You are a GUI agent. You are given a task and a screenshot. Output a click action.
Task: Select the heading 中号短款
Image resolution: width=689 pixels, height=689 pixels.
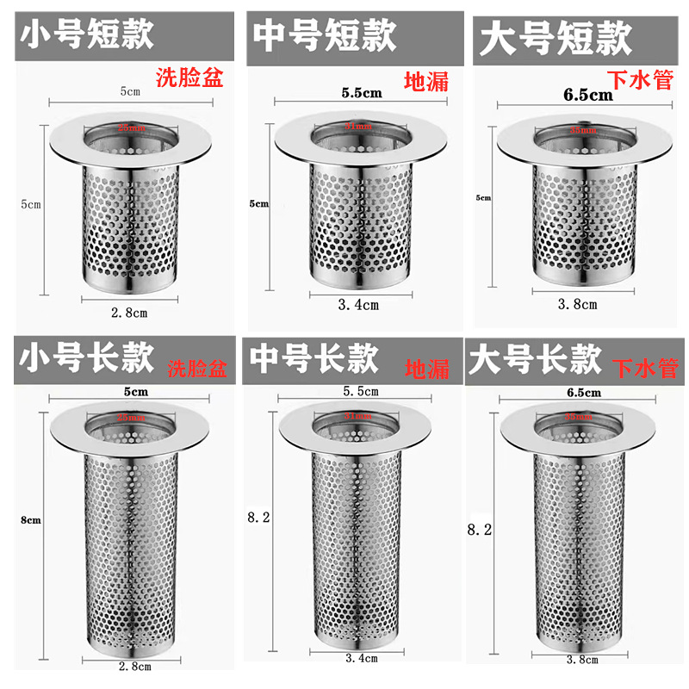pyautogui.click(x=324, y=37)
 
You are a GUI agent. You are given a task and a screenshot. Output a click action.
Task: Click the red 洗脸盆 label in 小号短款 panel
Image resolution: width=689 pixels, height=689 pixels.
pyautogui.click(x=189, y=78)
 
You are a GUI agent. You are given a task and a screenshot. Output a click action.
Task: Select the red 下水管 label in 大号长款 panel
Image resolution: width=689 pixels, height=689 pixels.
pyautogui.click(x=645, y=369)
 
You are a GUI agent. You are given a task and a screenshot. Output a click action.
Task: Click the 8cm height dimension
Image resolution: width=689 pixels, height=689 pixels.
pyautogui.click(x=30, y=520)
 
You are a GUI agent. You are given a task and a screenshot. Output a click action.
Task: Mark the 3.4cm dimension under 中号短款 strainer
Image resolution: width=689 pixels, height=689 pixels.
pyautogui.click(x=358, y=304)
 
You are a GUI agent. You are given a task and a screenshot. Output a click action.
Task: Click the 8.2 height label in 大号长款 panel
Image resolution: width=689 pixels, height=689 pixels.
pyautogui.click(x=478, y=531)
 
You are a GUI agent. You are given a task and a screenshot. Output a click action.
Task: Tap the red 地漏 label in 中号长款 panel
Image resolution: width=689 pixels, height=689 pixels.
pyautogui.click(x=427, y=369)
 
